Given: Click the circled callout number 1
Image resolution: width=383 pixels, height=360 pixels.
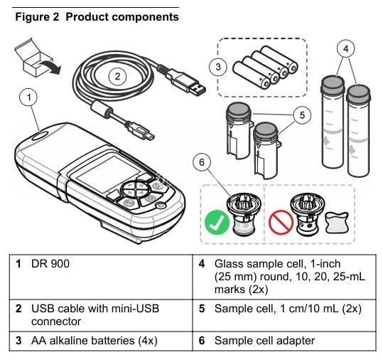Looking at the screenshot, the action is coord(28,97).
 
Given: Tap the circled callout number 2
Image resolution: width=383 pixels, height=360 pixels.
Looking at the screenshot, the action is coord(117,77).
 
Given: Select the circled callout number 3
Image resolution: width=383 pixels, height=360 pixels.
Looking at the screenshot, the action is coord(218,67).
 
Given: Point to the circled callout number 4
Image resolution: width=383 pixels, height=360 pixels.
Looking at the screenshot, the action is coord(345,48).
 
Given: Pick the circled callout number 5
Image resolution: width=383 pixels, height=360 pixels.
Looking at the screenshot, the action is coord(302,115).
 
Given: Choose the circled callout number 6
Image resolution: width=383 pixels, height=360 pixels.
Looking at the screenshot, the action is coord(202,162).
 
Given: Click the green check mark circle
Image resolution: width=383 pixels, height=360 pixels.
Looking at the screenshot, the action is coord(217,222).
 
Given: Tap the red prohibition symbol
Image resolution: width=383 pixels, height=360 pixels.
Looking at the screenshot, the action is coord(281,222).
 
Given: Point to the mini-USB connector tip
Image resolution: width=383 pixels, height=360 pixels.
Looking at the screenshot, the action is coord(149,136).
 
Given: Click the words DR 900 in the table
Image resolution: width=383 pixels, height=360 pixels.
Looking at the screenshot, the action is coord(50,264).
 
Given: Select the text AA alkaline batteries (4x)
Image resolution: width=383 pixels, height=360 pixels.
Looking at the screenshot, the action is coord(95,341).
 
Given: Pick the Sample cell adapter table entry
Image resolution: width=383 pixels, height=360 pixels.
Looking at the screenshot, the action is coord(264,341).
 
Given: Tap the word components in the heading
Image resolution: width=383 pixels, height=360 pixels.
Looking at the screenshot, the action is coord(146,18).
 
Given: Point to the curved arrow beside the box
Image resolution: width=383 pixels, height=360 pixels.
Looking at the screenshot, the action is coord(50,67).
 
